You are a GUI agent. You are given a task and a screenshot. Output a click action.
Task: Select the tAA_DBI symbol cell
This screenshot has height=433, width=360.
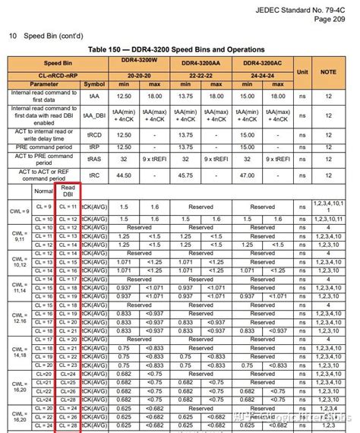click(94, 115)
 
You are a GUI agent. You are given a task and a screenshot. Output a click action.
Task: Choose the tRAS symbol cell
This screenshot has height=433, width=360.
click(94, 160)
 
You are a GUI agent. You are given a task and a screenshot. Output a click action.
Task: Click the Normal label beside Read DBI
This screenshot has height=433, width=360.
click(43, 191)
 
